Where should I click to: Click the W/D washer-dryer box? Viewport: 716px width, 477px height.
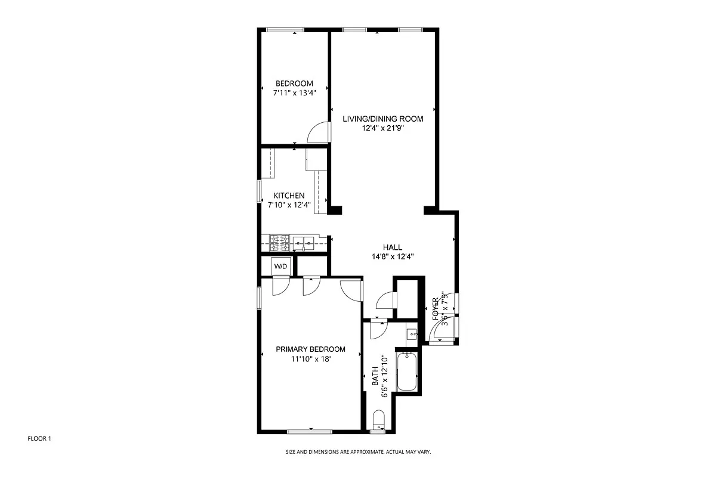pyautogui.click(x=280, y=265)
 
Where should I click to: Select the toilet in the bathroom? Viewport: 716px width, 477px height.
pyautogui.click(x=378, y=420)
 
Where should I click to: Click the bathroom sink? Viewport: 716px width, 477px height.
pyautogui.click(x=412, y=334)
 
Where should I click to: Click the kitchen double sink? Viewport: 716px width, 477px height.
pyautogui.click(x=304, y=243)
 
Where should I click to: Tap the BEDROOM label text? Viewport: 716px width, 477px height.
pyautogui.click(x=294, y=83)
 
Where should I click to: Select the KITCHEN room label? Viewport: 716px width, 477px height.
pyautogui.click(x=289, y=196)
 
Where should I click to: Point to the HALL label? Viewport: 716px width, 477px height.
pyautogui.click(x=392, y=247)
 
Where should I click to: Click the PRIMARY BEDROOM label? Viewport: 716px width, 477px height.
pyautogui.click(x=310, y=349)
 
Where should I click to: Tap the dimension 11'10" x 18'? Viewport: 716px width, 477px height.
pyautogui.click(x=310, y=360)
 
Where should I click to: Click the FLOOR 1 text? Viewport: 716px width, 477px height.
pyautogui.click(x=40, y=439)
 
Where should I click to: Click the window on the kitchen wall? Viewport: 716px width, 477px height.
pyautogui.click(x=259, y=192)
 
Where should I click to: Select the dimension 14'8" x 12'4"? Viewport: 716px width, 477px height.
pyautogui.click(x=392, y=257)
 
